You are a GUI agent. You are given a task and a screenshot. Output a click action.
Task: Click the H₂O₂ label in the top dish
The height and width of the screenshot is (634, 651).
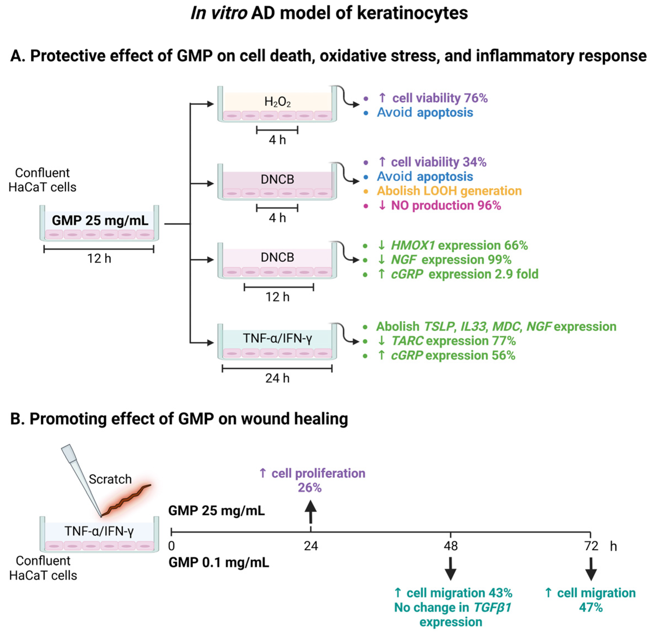click(x=277, y=101)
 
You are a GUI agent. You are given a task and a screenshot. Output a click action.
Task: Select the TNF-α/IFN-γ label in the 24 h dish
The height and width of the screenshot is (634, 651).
click(x=277, y=338)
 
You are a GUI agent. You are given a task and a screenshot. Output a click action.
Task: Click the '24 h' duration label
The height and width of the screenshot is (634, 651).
click(x=277, y=378)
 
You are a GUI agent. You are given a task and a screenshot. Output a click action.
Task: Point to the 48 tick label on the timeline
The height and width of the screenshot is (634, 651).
click(x=451, y=546)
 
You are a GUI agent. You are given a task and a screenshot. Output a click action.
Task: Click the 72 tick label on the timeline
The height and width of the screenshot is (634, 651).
click(x=591, y=546)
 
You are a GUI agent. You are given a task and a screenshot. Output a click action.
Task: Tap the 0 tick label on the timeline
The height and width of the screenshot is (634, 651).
click(x=171, y=546)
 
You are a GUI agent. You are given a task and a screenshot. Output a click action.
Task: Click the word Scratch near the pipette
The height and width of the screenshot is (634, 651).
click(x=110, y=479)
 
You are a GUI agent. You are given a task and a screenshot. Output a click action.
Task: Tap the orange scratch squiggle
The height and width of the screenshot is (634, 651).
click(x=127, y=500)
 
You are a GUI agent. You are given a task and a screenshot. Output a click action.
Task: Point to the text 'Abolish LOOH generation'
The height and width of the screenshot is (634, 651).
click(x=449, y=191)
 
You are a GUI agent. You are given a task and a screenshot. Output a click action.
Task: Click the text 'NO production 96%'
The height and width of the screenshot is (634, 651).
click(x=446, y=205)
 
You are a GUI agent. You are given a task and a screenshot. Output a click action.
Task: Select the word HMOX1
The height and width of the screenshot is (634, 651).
click(x=413, y=245)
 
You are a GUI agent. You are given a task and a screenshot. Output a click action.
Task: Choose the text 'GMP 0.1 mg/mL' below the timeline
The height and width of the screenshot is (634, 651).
click(x=218, y=562)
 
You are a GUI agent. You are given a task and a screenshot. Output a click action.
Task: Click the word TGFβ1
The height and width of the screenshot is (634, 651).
click(x=492, y=607)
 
